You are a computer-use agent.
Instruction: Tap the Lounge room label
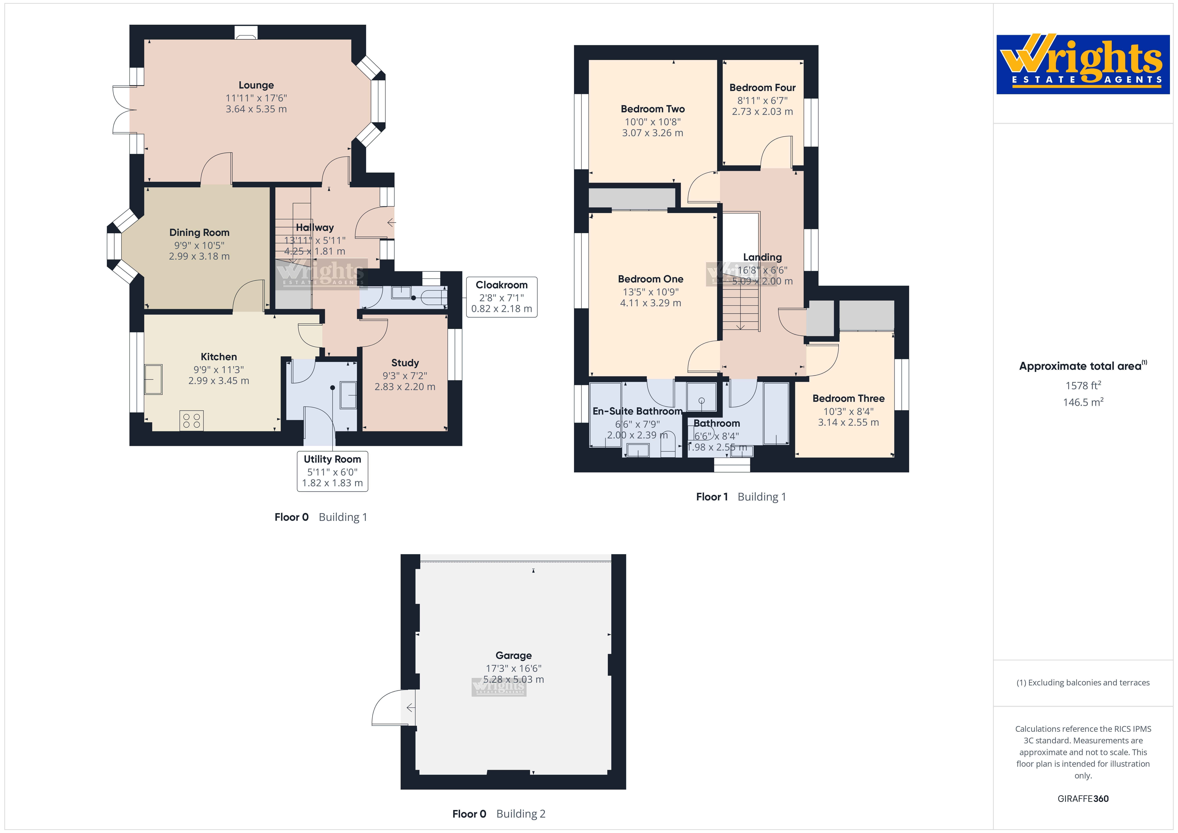click(x=256, y=85)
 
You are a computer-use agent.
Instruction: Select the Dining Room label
click(x=199, y=233)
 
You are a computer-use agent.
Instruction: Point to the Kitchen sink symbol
click(x=153, y=379)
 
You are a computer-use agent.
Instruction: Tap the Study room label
click(x=405, y=363)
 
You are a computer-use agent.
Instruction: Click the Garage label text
click(x=514, y=655)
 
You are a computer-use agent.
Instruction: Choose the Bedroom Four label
click(x=762, y=88)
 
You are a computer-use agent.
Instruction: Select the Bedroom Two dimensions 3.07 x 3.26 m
click(x=653, y=133)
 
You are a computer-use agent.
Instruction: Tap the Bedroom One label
click(x=651, y=279)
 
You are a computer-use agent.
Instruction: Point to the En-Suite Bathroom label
click(x=637, y=411)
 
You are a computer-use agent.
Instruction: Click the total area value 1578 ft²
click(x=1083, y=386)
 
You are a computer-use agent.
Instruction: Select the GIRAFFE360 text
click(x=1083, y=799)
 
